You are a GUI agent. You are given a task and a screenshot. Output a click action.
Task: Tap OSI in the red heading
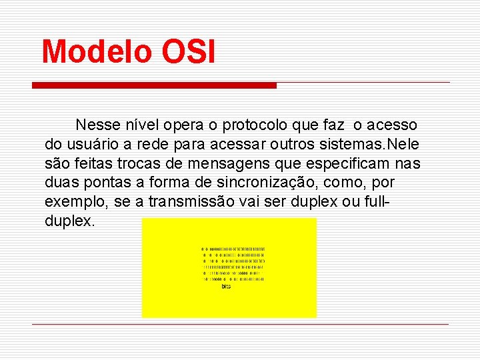click(188, 51)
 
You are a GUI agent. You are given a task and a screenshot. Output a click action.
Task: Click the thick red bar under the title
click(154, 85)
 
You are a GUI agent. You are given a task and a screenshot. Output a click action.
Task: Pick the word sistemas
click(352, 144)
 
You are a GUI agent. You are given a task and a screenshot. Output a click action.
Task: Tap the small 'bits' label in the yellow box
click(227, 286)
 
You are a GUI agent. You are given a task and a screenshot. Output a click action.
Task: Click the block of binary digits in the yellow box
click(233, 264)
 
